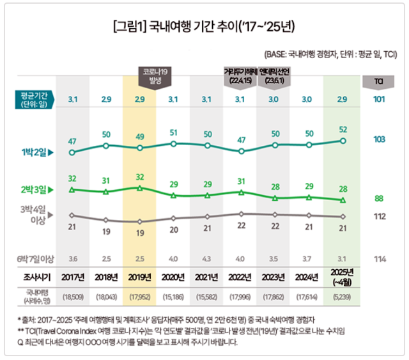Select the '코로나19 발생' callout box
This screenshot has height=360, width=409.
(156, 75)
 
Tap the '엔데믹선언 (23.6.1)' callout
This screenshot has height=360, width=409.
(275, 76)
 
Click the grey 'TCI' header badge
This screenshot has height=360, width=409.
(378, 81)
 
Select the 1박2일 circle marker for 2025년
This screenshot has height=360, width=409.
(343, 141)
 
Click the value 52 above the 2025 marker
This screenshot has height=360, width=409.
(343, 129)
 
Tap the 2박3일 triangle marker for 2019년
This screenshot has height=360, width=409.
(139, 188)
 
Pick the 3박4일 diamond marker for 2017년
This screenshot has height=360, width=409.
(72, 215)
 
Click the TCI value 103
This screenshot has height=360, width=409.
(378, 139)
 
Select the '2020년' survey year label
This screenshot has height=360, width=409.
(173, 278)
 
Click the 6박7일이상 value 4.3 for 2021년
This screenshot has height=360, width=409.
(207, 258)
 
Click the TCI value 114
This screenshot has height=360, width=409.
(378, 258)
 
